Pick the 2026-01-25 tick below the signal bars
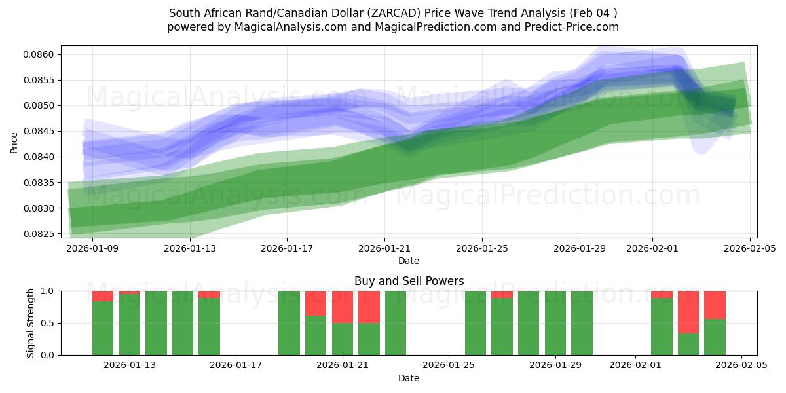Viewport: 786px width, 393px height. pyautogui.click(x=449, y=365)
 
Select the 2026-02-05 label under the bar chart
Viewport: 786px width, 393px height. pyautogui.click(x=741, y=365)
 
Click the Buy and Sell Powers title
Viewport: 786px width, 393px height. pyautogui.click(x=409, y=281)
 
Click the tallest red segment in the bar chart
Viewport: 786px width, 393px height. pyautogui.click(x=688, y=312)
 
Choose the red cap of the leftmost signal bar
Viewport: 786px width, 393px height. pyautogui.click(x=103, y=296)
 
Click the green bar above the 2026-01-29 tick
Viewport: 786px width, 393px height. pyautogui.click(x=555, y=323)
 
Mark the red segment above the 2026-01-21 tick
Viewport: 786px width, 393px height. pyautogui.click(x=343, y=307)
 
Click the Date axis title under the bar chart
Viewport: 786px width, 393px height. pyautogui.click(x=409, y=378)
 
